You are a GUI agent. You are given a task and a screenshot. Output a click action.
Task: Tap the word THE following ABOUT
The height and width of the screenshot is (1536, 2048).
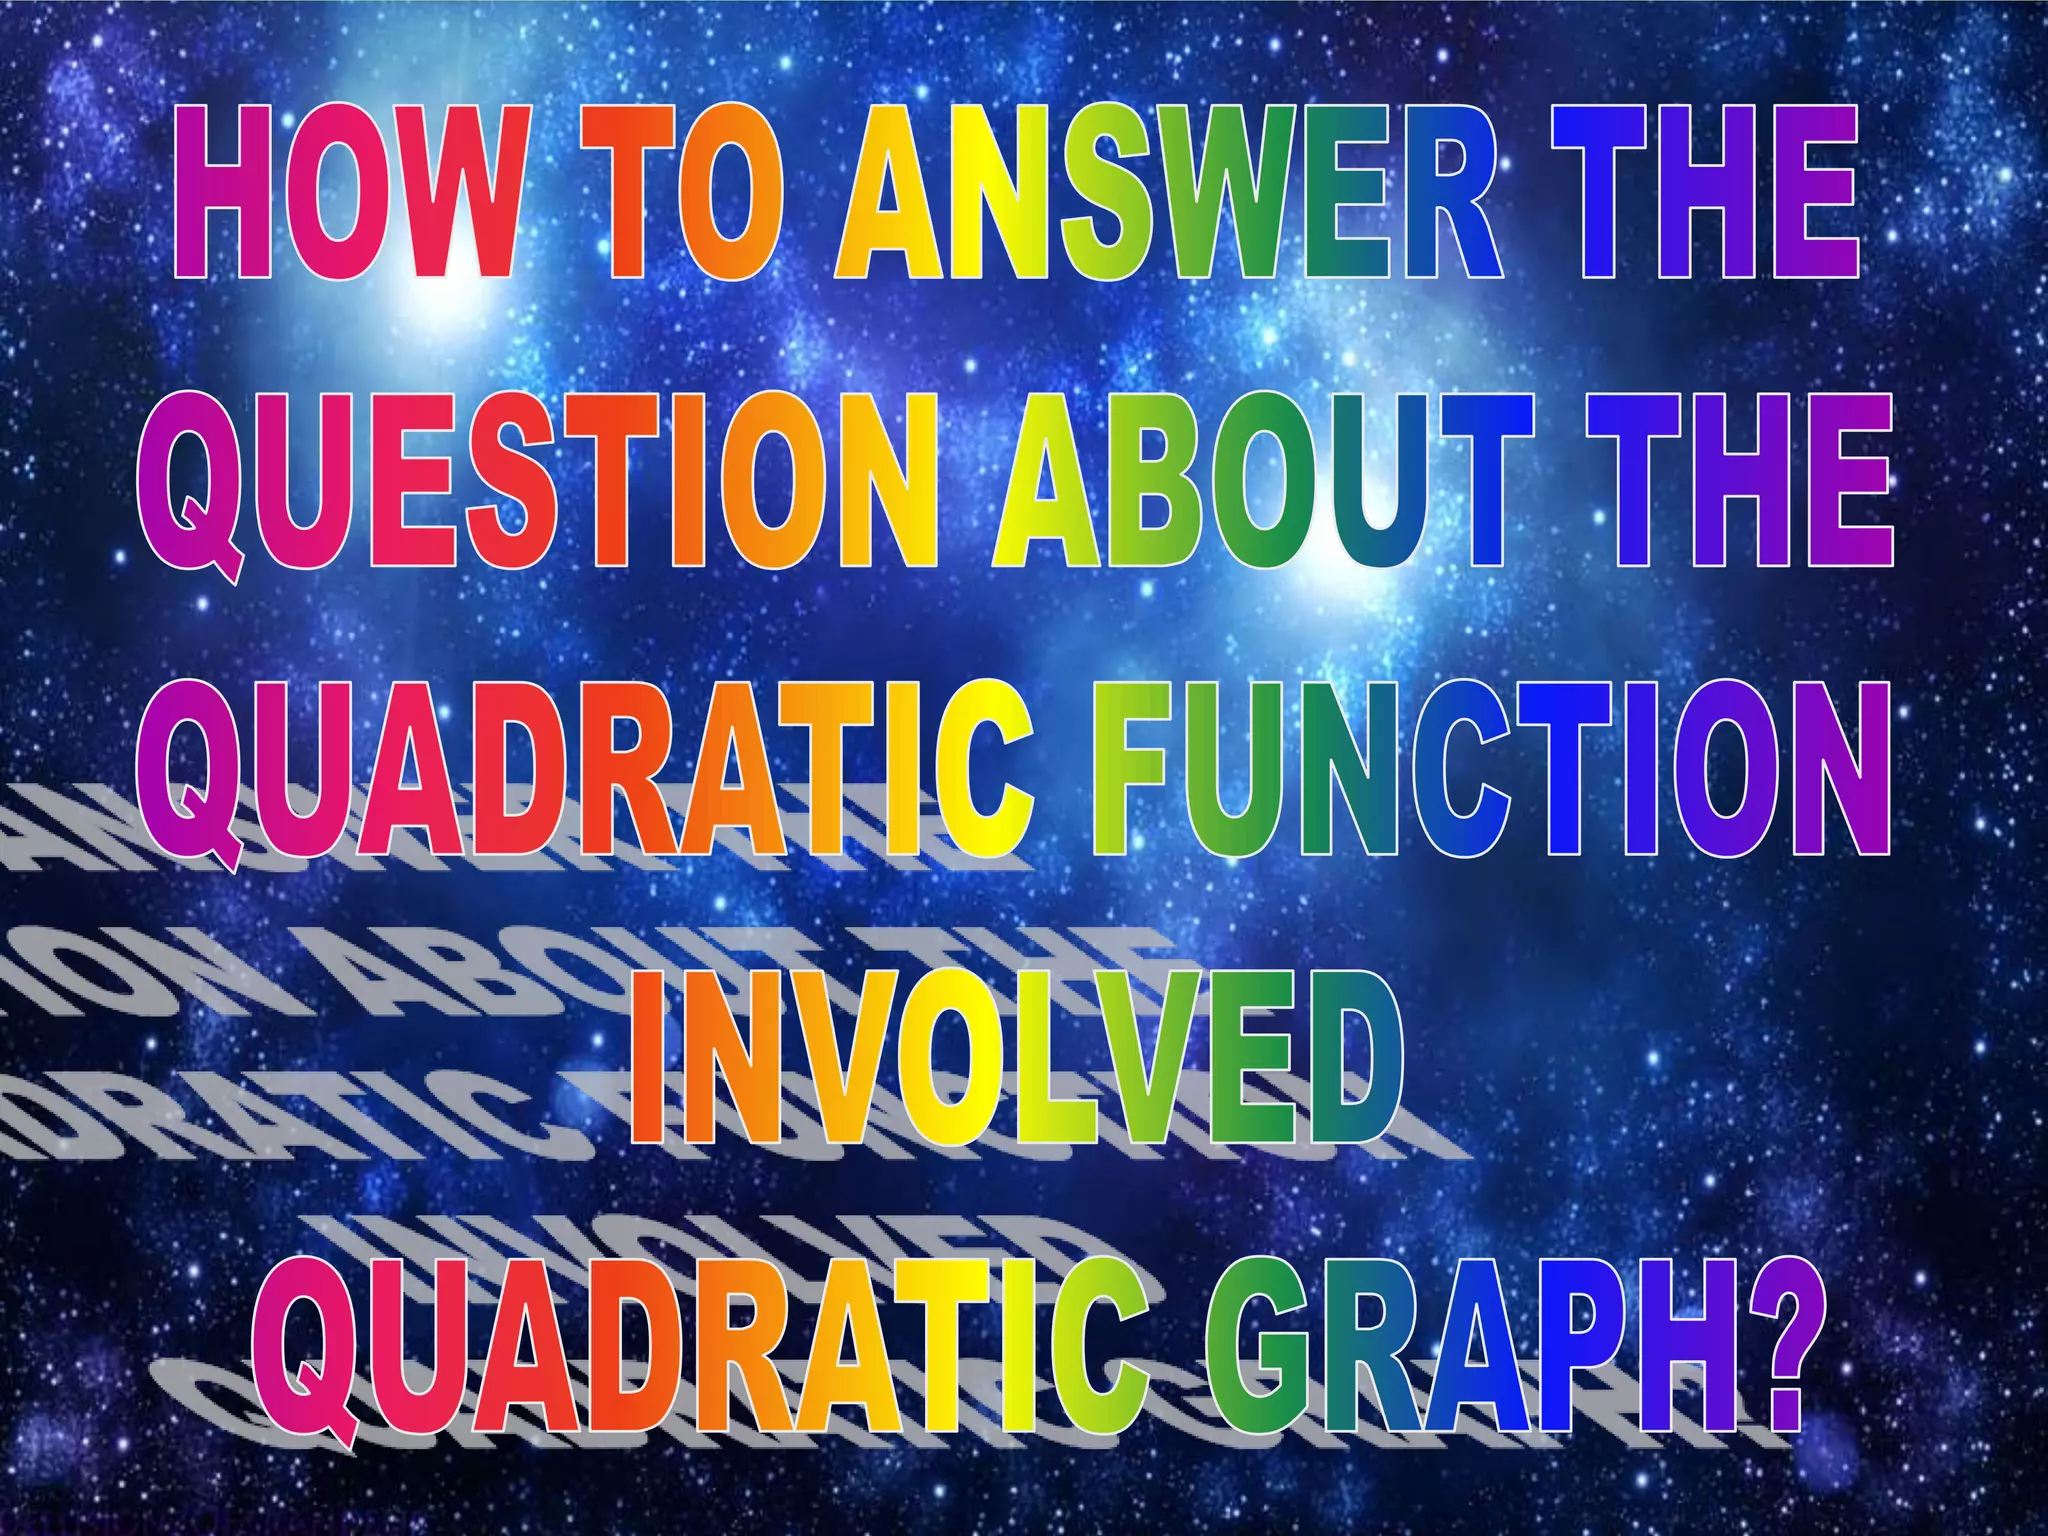tap(1740, 485)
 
